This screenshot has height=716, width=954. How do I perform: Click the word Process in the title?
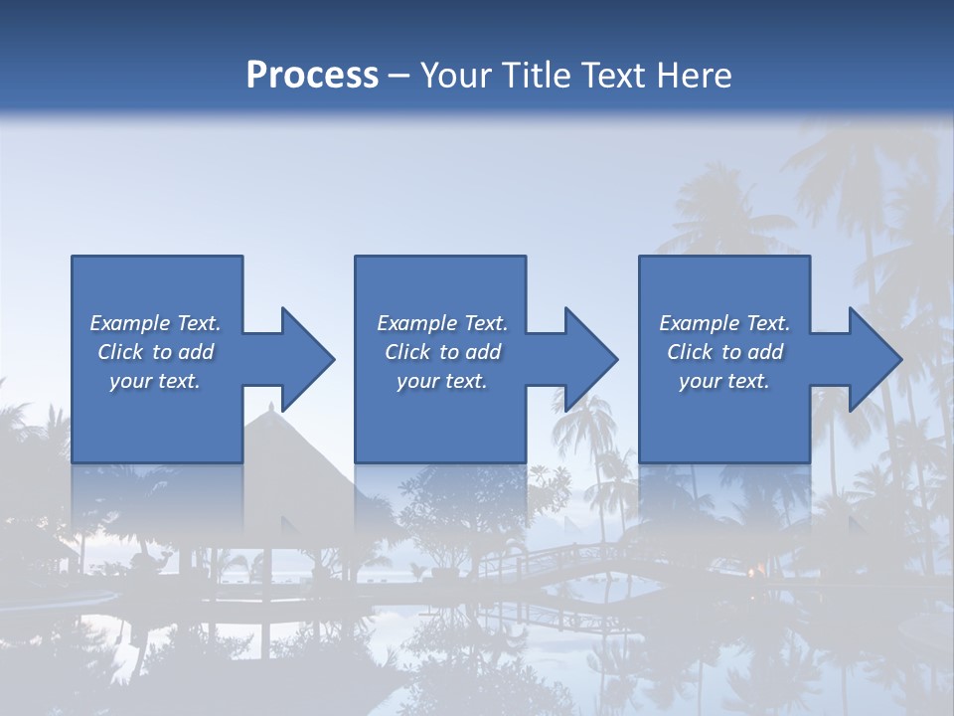point(312,76)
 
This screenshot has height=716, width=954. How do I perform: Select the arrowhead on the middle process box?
point(590,359)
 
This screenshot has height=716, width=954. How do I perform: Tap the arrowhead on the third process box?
point(874,359)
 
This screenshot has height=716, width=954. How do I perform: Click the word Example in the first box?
point(130,323)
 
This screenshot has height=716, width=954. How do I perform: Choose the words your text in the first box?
point(155,381)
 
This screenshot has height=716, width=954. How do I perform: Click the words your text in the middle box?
point(441,381)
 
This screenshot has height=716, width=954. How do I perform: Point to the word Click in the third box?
point(690,352)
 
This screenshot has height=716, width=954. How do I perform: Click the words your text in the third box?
point(724,381)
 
